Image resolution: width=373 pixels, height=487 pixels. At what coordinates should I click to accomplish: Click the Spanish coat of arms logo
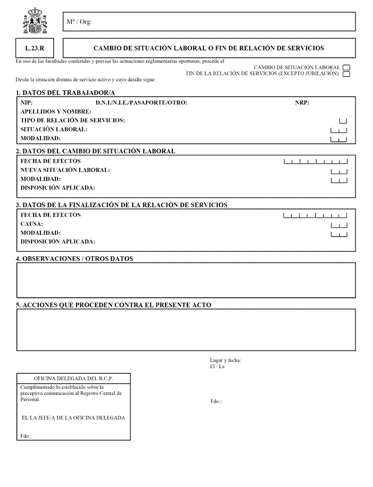tap(35, 22)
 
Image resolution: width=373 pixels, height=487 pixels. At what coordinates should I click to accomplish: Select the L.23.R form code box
tap(35, 48)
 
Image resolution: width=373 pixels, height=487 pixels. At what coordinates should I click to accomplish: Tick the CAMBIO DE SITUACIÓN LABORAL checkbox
tap(346, 68)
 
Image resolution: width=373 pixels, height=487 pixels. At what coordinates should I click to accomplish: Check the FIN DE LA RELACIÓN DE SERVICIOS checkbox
tap(346, 74)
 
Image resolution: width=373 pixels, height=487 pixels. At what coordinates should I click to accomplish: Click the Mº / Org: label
tap(78, 22)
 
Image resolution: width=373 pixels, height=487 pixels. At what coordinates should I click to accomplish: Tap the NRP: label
tap(302, 103)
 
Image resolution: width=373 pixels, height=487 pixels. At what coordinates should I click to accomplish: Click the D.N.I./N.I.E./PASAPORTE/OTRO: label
tap(141, 103)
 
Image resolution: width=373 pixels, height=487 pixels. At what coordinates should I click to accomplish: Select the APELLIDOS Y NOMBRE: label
tap(56, 112)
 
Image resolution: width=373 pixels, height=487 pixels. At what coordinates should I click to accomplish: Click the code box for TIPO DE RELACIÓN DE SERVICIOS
tap(343, 121)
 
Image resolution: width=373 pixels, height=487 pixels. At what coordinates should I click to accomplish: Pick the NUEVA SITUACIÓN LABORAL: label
tap(65, 170)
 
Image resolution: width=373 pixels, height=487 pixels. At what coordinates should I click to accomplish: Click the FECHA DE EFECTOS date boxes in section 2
tap(316, 161)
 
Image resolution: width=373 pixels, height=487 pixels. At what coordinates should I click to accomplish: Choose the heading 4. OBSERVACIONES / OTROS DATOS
tap(74, 259)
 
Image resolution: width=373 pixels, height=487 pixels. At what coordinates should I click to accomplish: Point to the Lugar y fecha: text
tap(226, 361)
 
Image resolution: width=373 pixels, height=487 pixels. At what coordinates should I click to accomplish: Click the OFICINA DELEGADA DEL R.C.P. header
tap(73, 378)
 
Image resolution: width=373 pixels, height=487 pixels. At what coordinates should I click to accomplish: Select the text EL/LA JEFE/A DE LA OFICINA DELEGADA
tap(73, 418)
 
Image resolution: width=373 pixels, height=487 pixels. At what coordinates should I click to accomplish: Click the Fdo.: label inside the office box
tap(26, 436)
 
